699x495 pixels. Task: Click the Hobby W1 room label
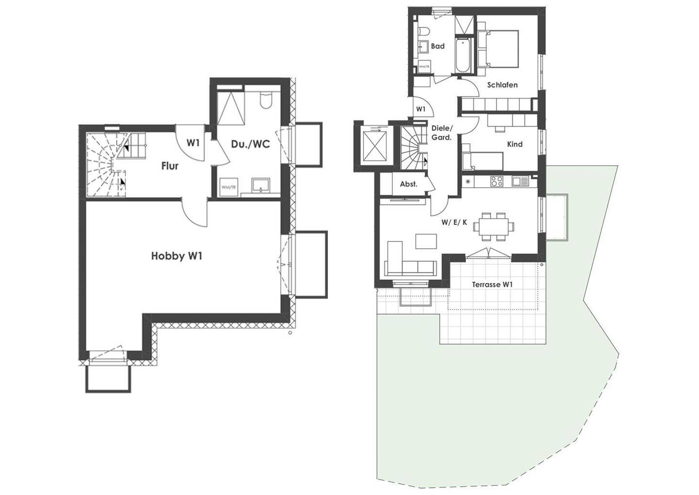coord(176,256)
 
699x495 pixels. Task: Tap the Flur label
coord(170,166)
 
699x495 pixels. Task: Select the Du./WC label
coord(250,144)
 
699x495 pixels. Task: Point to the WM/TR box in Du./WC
coord(226,187)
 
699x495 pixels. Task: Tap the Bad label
coord(438,47)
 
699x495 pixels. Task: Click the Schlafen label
coord(502,85)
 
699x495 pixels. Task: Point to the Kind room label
coord(515,144)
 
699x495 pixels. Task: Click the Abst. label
coord(408,185)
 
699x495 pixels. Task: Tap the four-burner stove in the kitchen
coord(497,181)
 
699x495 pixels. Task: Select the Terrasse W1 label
coord(493,285)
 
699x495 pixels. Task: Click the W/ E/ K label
coord(454,222)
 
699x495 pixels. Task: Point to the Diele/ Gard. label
coord(441,133)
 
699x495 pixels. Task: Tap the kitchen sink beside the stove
coord(519,181)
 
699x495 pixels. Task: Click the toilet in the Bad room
coord(424,31)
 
